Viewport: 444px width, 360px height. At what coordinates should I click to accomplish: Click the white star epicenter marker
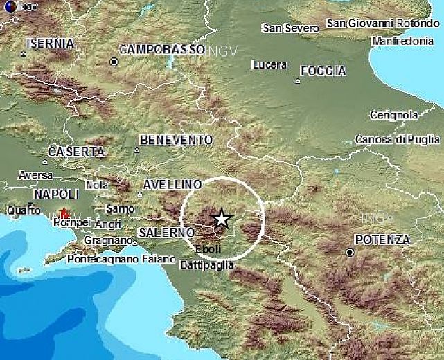221,219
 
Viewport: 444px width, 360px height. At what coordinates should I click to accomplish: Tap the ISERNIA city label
50,44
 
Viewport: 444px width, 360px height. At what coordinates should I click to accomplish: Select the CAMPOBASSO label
162,50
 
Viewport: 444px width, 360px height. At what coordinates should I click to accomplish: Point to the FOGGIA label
323,71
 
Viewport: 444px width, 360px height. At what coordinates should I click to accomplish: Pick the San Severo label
291,28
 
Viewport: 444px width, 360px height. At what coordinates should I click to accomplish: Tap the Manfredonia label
403,42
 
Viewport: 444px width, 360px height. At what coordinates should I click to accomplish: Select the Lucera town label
269,65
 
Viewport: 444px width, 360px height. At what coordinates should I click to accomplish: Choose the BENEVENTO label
176,140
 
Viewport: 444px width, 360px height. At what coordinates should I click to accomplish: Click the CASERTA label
76,152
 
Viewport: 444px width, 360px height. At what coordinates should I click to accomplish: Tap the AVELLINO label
172,185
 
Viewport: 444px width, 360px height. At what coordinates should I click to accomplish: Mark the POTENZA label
382,240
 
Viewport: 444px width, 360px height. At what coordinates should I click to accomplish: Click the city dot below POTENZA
350,253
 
